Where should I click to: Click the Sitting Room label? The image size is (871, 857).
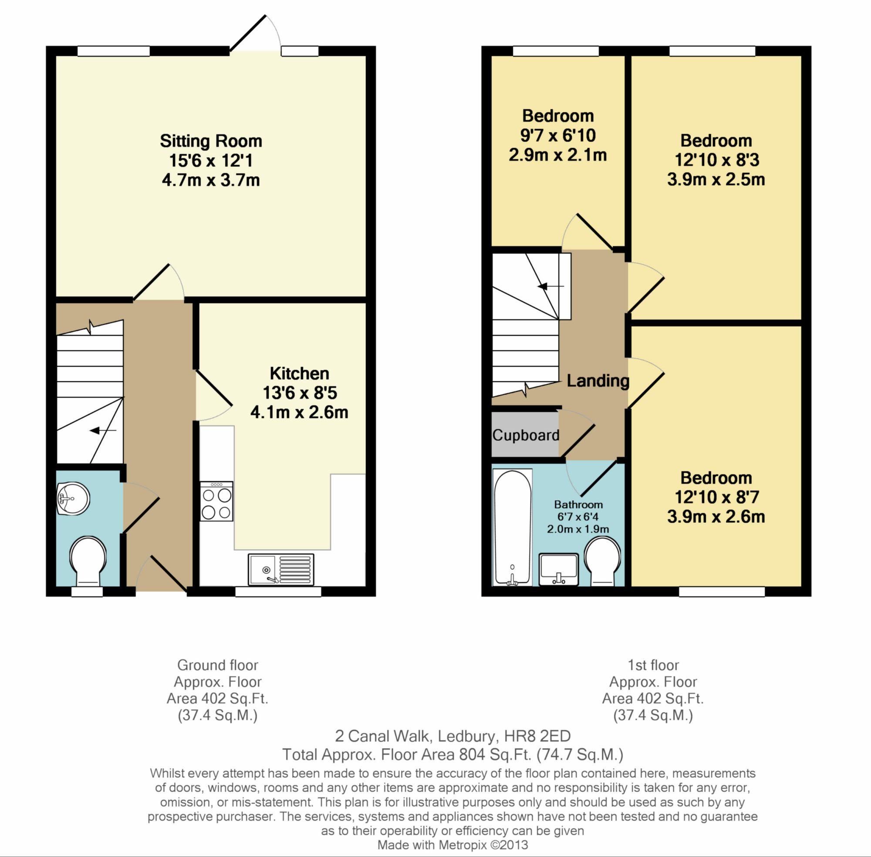coord(211,141)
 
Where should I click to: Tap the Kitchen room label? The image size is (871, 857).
coord(300,373)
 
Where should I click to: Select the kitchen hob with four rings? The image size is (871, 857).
coord(216,501)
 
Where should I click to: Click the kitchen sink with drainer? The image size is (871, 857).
coord(280,569)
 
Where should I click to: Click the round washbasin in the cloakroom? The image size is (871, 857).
coord(73,499)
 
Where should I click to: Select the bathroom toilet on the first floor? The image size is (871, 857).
coord(602,563)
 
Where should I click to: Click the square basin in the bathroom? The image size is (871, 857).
coord(558,569)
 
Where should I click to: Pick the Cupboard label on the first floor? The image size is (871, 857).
coord(526,435)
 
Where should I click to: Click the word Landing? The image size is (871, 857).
coord(598,381)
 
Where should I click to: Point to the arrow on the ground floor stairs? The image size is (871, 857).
coord(103,431)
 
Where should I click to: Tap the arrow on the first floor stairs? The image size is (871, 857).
coord(550,286)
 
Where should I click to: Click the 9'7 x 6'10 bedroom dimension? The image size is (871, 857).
coord(558,135)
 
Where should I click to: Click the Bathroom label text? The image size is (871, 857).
coord(578,504)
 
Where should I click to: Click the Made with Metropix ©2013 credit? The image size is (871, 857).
coord(452,845)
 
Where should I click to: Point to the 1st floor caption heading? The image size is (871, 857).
coord(653,665)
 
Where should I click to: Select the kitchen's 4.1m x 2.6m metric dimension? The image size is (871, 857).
coord(300,412)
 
